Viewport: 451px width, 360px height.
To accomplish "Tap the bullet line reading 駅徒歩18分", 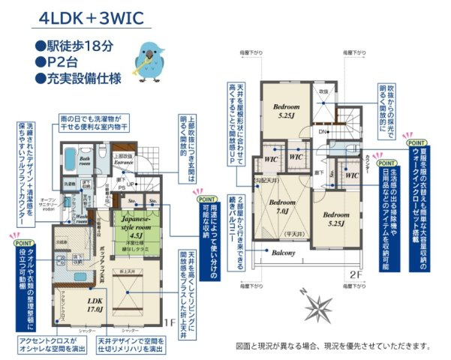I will click(74, 45).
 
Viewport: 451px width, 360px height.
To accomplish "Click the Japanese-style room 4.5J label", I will click(137, 223).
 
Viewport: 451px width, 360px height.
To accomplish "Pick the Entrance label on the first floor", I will click(123, 160).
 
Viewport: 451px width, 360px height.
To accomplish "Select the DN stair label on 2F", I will click(322, 131).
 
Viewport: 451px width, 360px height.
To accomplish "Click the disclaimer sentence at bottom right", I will click(333, 346).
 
